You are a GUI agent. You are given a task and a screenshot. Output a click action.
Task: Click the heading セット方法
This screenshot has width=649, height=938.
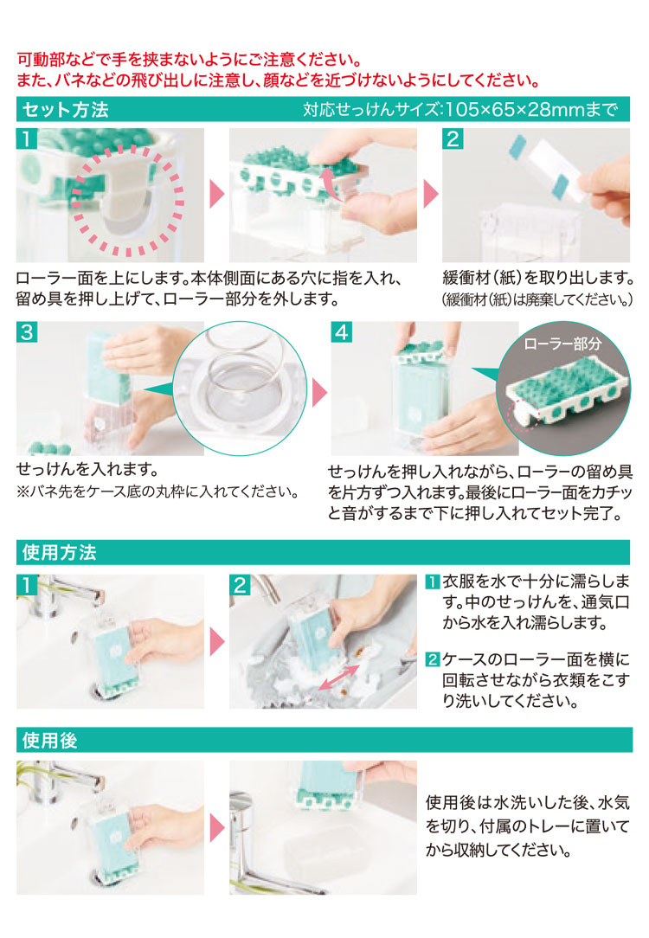(66, 110)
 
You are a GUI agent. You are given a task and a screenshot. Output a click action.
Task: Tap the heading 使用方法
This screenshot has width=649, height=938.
(59, 552)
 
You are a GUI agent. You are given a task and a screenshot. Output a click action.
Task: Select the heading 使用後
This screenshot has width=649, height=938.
(49, 741)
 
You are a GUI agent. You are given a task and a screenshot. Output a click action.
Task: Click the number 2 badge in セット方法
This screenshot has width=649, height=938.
(453, 138)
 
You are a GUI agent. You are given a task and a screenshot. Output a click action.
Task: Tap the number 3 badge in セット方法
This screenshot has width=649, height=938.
(27, 332)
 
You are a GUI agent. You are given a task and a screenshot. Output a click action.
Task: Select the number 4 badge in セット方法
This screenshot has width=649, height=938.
(342, 332)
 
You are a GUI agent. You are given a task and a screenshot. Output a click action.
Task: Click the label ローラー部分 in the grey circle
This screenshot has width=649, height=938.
(562, 344)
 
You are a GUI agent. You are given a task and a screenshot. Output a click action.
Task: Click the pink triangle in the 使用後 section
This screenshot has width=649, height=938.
(217, 828)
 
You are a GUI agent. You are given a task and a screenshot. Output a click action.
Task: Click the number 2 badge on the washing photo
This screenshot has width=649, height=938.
(240, 584)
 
